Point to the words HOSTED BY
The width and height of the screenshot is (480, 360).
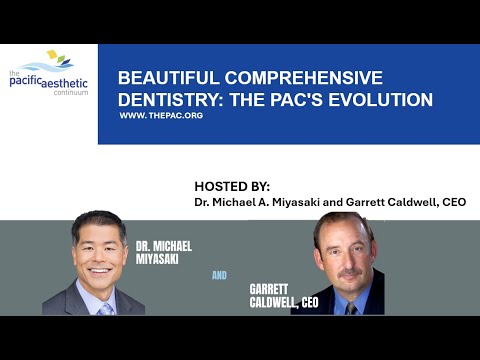pos(233,187)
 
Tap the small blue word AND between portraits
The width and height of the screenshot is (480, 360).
pos(219,271)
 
